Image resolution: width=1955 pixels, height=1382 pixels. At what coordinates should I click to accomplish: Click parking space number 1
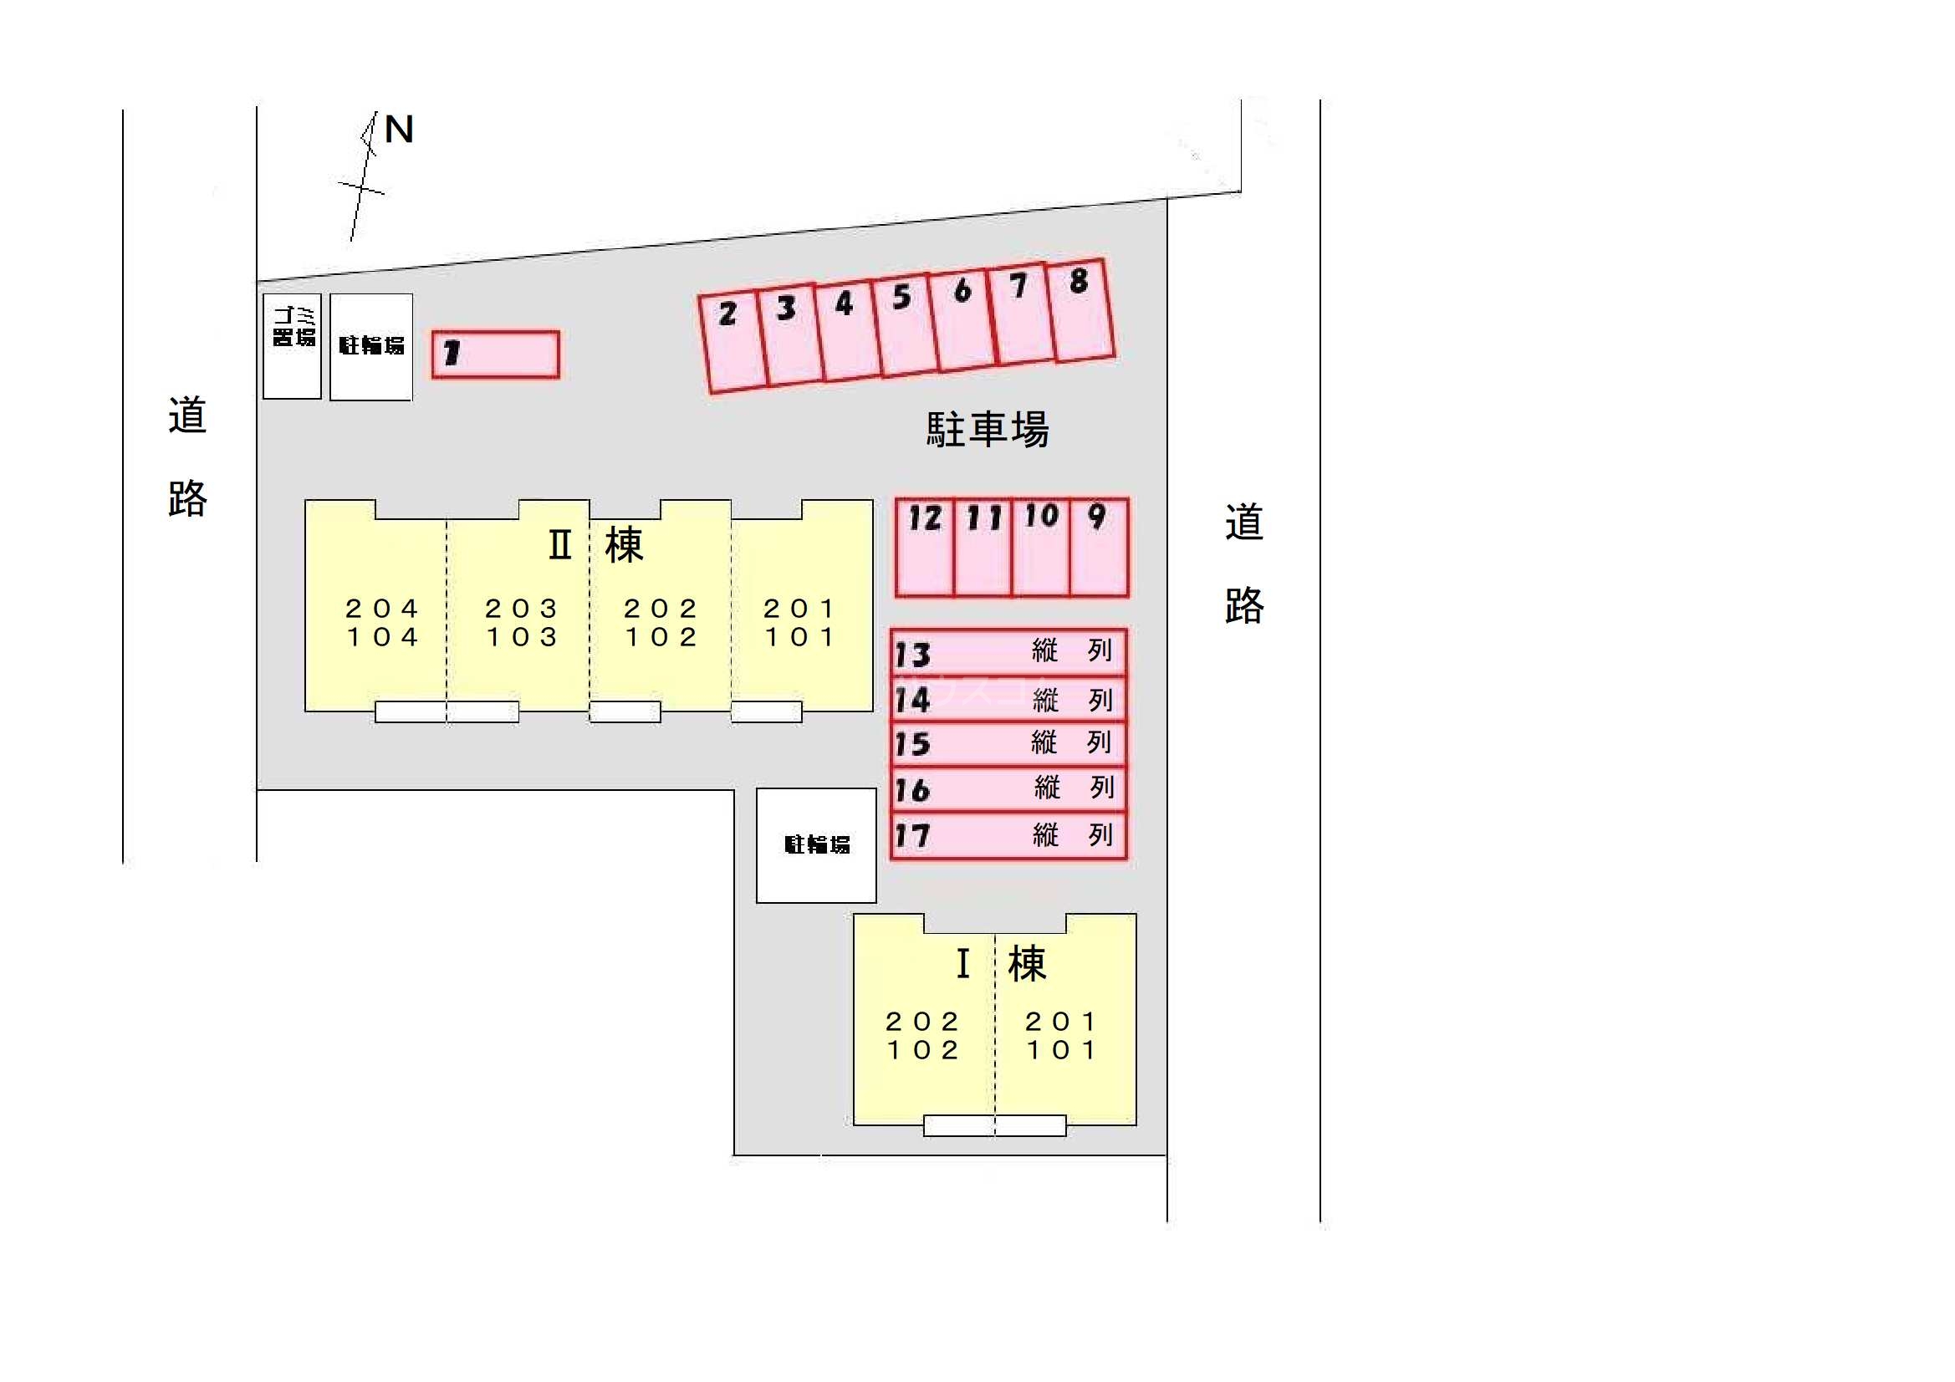pos(496,354)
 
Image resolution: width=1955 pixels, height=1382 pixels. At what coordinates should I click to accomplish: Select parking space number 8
pos(1080,311)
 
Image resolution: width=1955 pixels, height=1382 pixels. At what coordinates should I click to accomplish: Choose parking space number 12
pos(925,548)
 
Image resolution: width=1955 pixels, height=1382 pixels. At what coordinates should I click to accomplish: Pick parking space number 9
pos(1100,548)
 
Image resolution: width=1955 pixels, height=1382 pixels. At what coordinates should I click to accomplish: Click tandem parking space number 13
pos(1009,652)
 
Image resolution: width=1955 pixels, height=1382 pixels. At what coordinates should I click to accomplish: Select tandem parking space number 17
pos(1009,835)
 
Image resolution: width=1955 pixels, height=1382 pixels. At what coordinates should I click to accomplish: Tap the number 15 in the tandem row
pos(912,744)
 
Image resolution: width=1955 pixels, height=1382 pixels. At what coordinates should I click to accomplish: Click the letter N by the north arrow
pos(400,130)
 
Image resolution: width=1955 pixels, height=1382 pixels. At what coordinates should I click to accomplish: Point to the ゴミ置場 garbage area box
pos(292,347)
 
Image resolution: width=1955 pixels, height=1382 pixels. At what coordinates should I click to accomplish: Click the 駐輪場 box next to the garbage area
pos(371,347)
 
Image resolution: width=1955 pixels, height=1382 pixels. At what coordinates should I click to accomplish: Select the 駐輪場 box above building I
pos(817,845)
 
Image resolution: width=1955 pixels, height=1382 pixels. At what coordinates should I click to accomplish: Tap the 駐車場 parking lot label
pos(988,429)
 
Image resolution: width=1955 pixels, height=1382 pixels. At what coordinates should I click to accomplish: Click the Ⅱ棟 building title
pos(596,545)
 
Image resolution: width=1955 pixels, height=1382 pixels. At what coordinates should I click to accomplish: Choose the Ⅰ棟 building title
pos(1002,964)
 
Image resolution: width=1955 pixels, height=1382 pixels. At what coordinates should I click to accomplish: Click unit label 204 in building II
pos(382,609)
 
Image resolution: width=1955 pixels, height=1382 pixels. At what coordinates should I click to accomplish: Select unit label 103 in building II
pos(522,637)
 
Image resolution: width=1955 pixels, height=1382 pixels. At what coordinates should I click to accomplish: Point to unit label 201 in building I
pos(1062,1022)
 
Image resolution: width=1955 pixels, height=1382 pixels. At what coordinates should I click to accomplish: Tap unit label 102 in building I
pos(923,1051)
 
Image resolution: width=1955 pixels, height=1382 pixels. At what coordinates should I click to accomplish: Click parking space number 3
pos(789,334)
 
